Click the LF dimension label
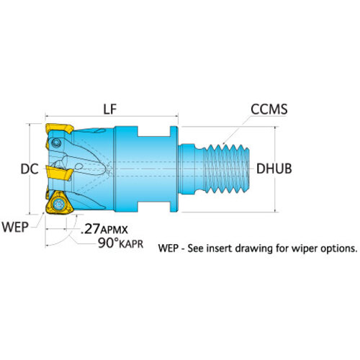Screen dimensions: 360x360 click(110, 109)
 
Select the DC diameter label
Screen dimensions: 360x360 click(30, 168)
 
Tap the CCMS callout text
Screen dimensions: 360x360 click(269, 109)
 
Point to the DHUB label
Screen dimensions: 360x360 click(274, 168)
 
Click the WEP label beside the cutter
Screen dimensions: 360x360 click(15, 227)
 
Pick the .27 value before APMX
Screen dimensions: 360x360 click(91, 229)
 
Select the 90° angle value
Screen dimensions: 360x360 click(108, 243)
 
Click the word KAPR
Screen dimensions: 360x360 click(131, 245)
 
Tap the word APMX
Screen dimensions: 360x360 click(114, 230)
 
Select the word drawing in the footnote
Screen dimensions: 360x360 click(254, 248)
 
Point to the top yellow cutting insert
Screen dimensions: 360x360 click(59, 129)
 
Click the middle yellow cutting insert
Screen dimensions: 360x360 click(59, 174)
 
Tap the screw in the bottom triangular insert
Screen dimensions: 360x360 click(58, 204)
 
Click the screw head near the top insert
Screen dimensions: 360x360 click(56, 143)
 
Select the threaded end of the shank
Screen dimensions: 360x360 click(226, 168)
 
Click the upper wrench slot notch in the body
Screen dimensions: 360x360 click(154, 131)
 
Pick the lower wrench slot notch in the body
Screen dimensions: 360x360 click(154, 207)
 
